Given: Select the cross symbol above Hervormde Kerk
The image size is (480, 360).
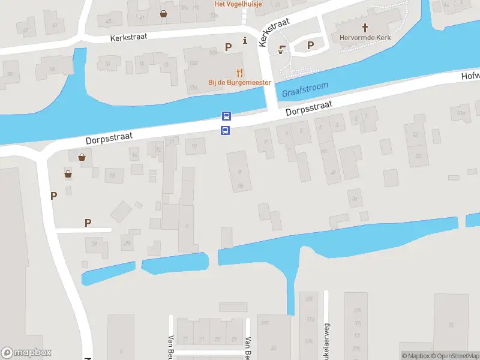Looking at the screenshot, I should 365,26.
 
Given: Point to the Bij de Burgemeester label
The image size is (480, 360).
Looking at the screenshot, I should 239,82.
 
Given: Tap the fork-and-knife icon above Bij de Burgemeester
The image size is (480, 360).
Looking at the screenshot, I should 239,72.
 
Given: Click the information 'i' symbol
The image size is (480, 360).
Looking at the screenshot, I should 245,41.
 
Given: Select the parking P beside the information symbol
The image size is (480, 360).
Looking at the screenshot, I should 228,46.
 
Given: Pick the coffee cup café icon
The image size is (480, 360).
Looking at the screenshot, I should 281,50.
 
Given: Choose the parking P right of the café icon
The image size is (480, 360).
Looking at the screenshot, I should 311,45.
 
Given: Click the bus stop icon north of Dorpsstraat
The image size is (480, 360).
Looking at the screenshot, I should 226,116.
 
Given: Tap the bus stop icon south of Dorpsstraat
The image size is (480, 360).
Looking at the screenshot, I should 226,130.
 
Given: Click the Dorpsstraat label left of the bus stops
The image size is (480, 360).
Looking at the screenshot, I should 109,138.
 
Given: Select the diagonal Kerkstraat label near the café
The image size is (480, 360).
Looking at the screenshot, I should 273,31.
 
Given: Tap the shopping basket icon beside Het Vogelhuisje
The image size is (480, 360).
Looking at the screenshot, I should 163,13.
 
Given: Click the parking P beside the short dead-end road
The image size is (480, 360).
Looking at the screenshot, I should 88,223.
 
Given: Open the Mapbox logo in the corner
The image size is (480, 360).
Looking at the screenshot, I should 26,353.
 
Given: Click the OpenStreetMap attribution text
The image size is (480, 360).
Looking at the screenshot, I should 455,356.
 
